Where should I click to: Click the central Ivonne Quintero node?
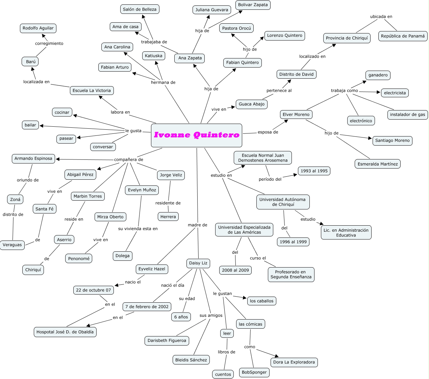click(196, 135)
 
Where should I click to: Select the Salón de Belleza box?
click(140, 9)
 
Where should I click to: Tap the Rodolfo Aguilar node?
click(38, 28)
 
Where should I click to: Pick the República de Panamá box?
click(403, 36)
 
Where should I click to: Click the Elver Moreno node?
click(296, 115)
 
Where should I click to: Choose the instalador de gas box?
click(407, 115)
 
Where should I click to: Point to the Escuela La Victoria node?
click(92, 91)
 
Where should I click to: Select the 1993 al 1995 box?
click(314, 171)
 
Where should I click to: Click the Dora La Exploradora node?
click(294, 362)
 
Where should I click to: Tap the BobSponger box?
click(254, 372)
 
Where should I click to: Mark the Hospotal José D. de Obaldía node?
click(65, 332)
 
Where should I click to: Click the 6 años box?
click(181, 317)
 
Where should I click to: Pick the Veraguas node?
click(12, 245)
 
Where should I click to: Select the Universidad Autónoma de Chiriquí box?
click(283, 202)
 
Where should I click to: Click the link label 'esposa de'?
click(268, 132)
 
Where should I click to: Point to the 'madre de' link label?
click(198, 225)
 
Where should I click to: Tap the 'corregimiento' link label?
click(49, 44)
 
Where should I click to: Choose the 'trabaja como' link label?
click(344, 91)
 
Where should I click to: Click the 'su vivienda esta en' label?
click(138, 229)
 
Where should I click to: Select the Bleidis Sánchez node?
click(191, 360)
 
